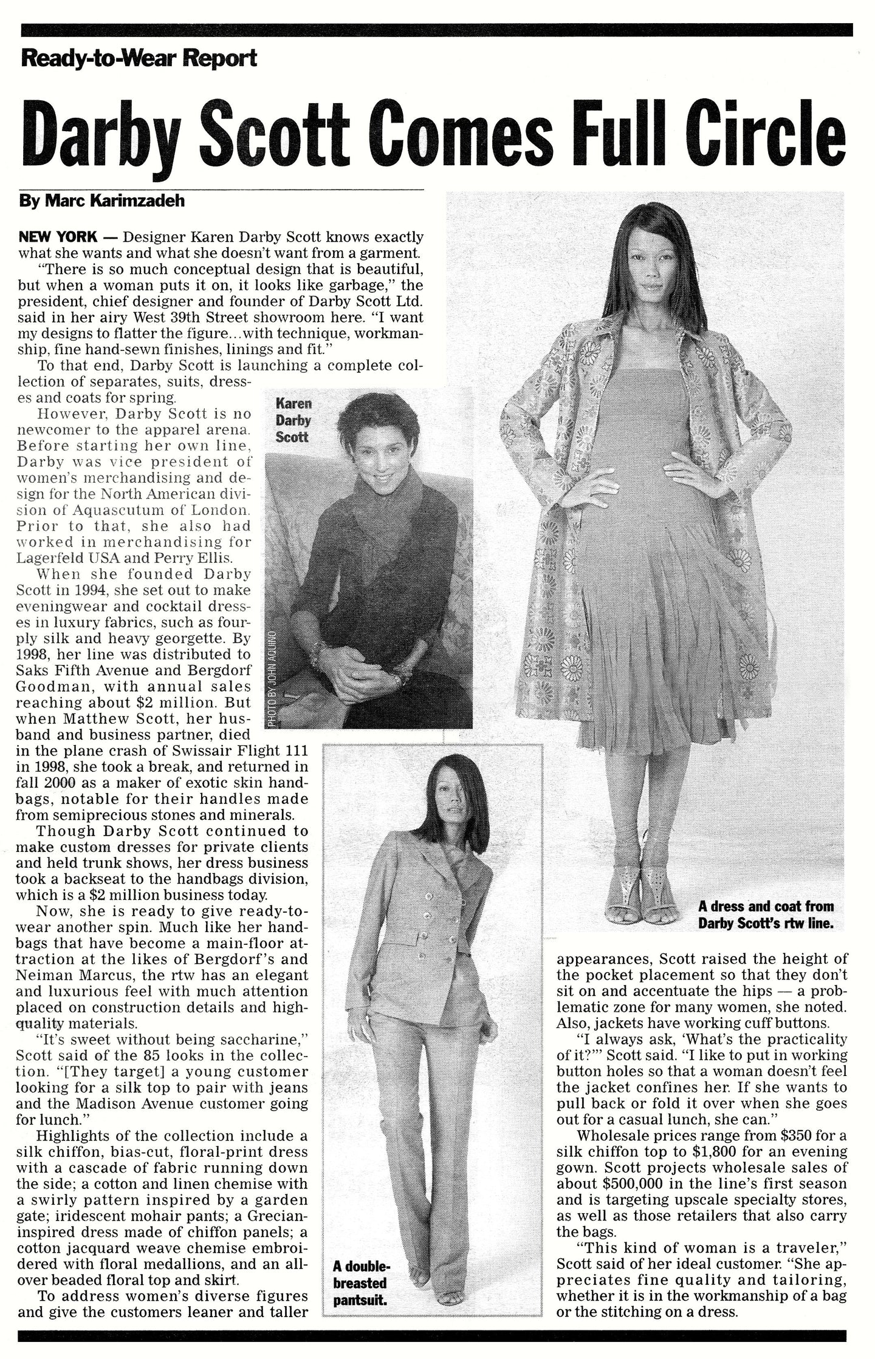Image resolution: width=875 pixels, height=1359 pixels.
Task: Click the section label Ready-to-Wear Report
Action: [139, 59]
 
